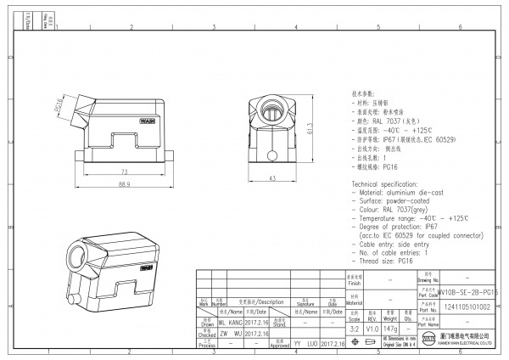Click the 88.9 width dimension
[x=124, y=183]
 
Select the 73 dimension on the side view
[x=124, y=171]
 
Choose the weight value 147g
[x=390, y=327]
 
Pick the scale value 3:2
[x=355, y=327]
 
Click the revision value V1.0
[x=372, y=327]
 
